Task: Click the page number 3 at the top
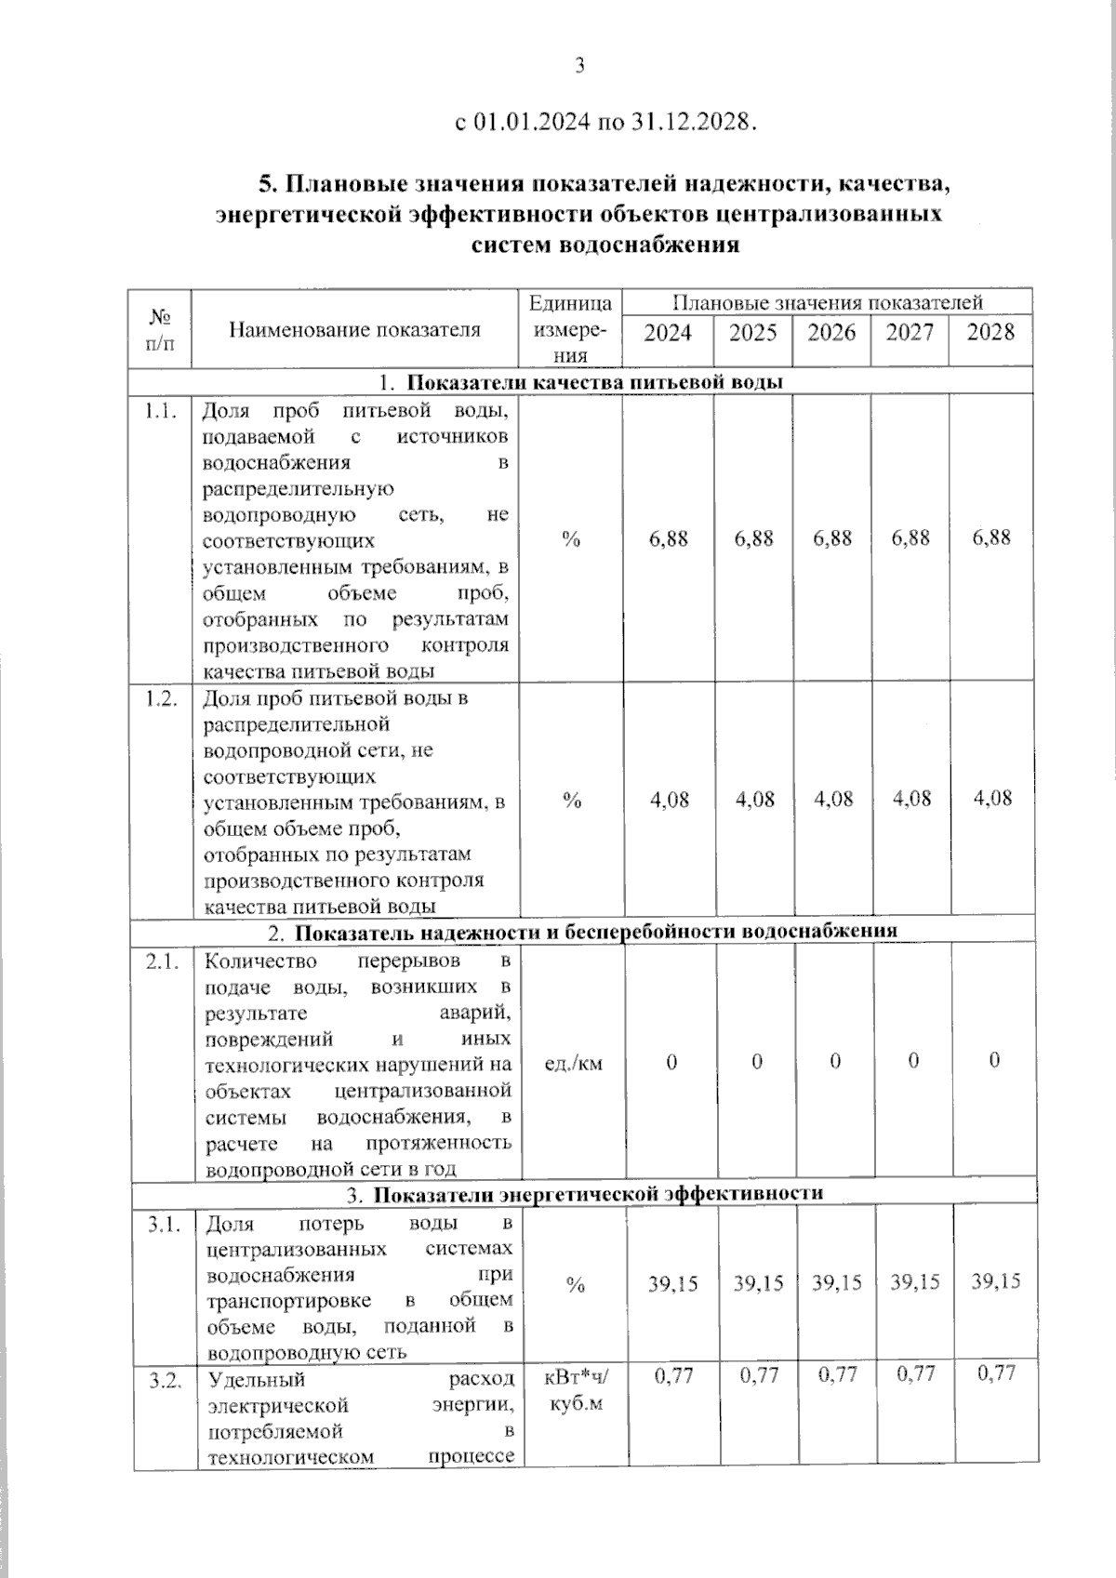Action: [x=579, y=65]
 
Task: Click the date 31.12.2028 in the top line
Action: [x=689, y=123]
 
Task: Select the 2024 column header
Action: [x=668, y=333]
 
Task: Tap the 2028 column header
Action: [x=990, y=333]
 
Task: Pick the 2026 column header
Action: [x=831, y=333]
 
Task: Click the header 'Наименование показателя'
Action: [x=354, y=329]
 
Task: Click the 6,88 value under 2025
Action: [x=753, y=538]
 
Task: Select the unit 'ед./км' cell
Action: [x=573, y=1063]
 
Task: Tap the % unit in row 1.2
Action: [x=572, y=801]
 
